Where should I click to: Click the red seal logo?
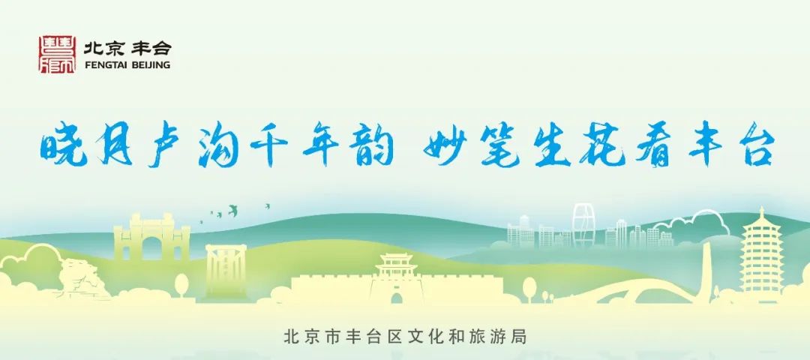point(57,55)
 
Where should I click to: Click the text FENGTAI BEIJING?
point(127,65)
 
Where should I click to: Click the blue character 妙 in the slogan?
point(433,146)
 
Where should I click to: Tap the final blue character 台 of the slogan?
point(751,146)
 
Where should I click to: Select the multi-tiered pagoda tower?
point(761,255)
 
